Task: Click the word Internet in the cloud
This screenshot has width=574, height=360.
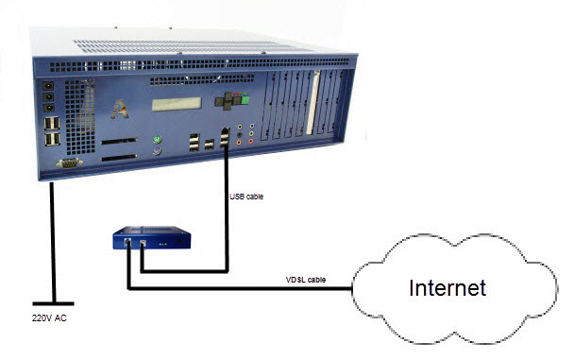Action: coord(447,288)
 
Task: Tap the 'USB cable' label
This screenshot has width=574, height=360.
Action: coord(247,197)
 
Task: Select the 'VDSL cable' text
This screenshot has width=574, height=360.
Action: coord(306,280)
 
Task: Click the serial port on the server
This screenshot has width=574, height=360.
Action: coord(69,163)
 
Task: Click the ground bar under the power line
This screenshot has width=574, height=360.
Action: coord(50,300)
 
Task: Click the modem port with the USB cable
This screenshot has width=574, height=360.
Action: coord(142,245)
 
